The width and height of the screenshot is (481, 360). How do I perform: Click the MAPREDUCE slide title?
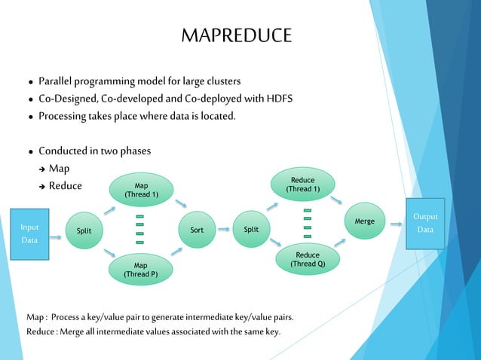pyautogui.click(x=236, y=36)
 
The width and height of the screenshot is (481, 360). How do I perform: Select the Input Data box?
pyautogui.click(x=29, y=231)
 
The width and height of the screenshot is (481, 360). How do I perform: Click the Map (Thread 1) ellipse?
pyautogui.click(x=141, y=191)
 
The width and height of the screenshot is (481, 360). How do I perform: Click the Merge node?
pyautogui.click(x=364, y=222)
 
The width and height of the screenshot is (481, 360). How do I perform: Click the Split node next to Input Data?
pyautogui.click(x=84, y=230)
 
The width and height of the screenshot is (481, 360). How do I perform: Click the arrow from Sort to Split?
pyautogui.click(x=223, y=230)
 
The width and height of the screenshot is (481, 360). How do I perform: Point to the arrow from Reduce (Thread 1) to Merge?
pyautogui.click(x=337, y=201)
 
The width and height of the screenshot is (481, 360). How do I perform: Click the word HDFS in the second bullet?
pyautogui.click(x=275, y=99)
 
